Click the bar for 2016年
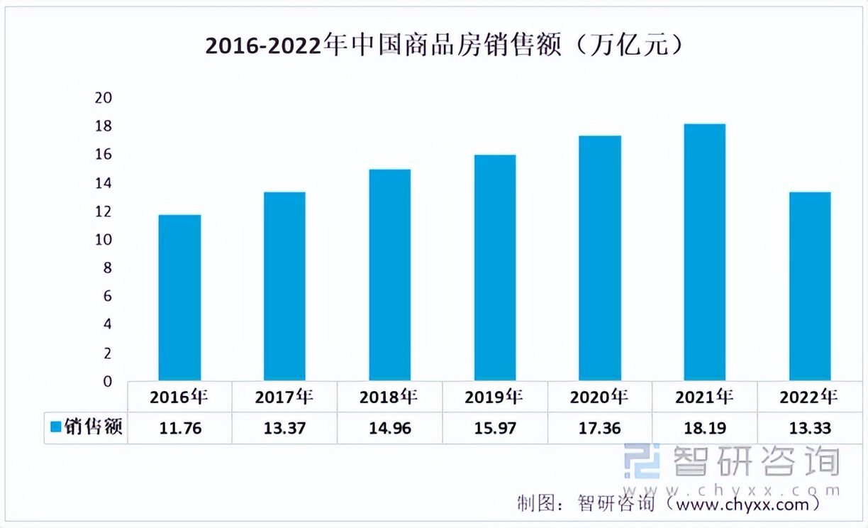(x=179, y=298)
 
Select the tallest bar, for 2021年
(x=705, y=253)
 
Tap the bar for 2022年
(x=810, y=287)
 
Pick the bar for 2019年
(x=495, y=268)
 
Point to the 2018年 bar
(x=389, y=275)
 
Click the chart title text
(x=443, y=46)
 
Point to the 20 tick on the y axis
(x=104, y=98)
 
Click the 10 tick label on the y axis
(x=104, y=240)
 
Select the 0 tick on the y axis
(x=107, y=382)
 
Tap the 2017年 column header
(x=284, y=397)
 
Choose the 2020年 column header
(x=599, y=397)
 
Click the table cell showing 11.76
(x=179, y=428)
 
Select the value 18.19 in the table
(x=705, y=428)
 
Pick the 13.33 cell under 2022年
(x=810, y=428)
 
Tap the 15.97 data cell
(x=495, y=428)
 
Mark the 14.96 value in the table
(x=389, y=428)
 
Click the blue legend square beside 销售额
(x=56, y=427)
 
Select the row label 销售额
(x=94, y=427)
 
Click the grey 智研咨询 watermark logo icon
(x=641, y=461)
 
